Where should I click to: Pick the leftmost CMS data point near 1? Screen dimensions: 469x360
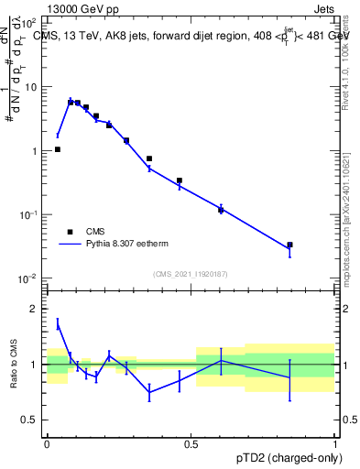coord(58,149)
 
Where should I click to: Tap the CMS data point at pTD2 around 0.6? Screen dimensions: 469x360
coord(221,210)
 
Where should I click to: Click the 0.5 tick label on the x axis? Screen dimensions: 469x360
coord(191,442)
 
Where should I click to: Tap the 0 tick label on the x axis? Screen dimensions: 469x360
coord(47,442)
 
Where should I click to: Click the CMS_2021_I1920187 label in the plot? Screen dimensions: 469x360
coord(190,274)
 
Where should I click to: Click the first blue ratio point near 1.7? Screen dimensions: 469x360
coord(58,323)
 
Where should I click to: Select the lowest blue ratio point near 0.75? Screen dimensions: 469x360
coord(149,392)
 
